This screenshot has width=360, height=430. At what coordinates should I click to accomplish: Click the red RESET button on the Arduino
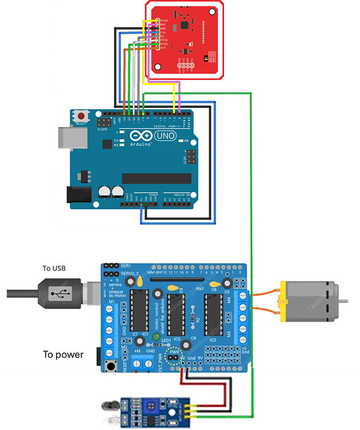coord(81,116)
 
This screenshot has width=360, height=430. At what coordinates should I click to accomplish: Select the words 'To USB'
coord(55,268)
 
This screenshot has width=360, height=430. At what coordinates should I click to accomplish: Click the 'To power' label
coord(63,354)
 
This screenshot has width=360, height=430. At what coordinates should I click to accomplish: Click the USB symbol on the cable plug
coord(58,294)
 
